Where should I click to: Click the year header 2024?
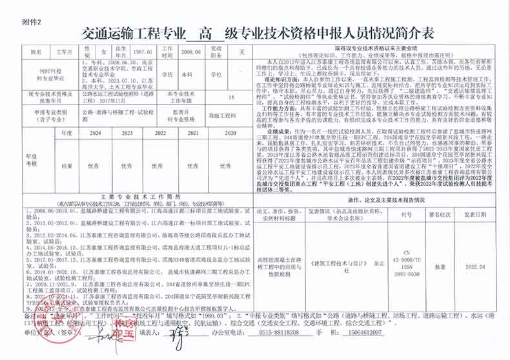coord(96,132)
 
